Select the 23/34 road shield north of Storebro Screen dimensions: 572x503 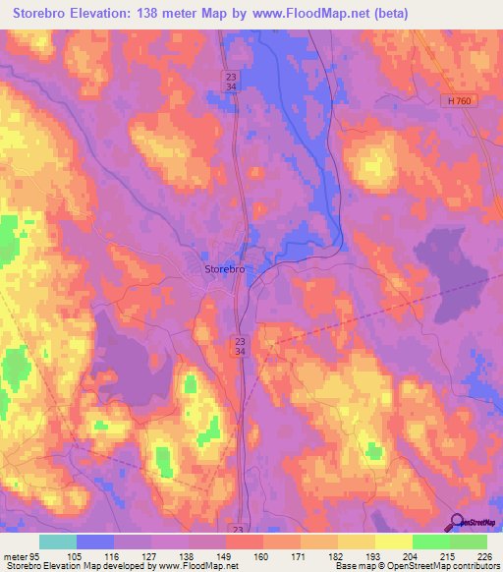230,82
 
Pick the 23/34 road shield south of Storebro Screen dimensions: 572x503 240,345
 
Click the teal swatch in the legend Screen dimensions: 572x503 58,541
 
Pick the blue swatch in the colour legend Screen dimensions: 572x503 95,541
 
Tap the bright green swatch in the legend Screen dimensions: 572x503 431,541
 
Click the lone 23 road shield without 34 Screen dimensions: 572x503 236,528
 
